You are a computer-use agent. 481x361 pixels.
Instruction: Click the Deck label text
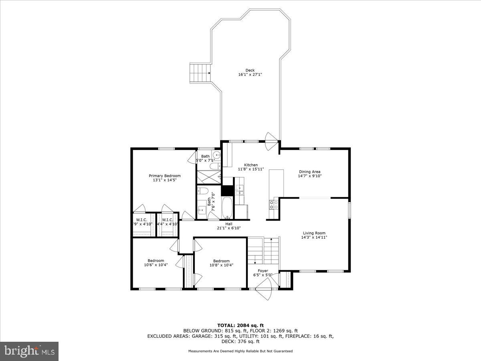point(250,70)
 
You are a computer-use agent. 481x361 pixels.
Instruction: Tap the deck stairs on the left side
point(200,73)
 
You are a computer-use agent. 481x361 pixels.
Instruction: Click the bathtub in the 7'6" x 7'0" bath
point(226,208)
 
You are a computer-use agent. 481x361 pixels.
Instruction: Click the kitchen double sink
point(240,190)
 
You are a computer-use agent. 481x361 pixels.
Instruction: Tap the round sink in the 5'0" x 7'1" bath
point(216,155)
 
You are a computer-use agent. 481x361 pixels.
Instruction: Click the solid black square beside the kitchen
point(227,190)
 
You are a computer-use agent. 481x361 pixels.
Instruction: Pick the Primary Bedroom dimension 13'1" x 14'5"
point(164,180)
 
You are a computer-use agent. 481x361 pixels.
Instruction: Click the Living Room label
point(314,233)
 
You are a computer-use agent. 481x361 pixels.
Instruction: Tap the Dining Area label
point(309,172)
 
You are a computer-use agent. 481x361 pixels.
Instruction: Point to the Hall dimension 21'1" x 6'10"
point(228,228)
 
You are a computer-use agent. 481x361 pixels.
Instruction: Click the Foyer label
point(263,271)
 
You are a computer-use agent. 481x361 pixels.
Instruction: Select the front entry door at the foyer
point(265,290)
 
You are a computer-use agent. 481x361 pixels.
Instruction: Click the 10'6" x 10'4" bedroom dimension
point(156,265)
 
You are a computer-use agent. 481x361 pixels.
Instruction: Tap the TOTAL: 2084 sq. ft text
point(240,325)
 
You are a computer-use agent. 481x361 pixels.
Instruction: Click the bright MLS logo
point(29,351)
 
